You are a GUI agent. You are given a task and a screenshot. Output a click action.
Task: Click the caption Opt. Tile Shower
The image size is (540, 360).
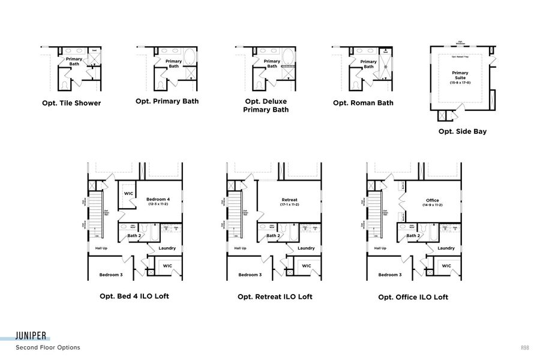(71, 103)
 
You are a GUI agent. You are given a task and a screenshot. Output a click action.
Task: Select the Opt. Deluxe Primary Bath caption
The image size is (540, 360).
(266, 106)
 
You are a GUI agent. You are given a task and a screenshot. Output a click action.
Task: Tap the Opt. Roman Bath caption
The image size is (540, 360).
(363, 103)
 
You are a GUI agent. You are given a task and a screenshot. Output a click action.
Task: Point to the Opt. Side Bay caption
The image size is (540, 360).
(462, 131)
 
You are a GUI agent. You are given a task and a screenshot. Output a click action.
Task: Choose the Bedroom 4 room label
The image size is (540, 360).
(159, 201)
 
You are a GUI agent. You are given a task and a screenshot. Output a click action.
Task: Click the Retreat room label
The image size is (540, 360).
(290, 200)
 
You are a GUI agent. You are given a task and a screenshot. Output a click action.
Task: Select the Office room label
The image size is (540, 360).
(432, 201)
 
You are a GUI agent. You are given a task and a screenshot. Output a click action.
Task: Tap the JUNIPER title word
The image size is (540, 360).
(32, 336)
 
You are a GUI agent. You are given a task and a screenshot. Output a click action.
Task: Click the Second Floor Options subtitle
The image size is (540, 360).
(47, 347)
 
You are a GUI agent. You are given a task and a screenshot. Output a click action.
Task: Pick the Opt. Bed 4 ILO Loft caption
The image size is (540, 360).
(134, 296)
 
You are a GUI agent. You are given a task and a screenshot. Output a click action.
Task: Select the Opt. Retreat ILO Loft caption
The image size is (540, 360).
(275, 296)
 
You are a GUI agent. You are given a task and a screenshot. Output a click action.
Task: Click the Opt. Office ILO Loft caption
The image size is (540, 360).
(413, 297)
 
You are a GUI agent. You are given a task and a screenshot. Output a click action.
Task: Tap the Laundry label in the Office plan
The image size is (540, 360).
(446, 248)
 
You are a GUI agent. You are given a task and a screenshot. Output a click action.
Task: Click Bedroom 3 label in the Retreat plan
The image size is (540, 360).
(250, 275)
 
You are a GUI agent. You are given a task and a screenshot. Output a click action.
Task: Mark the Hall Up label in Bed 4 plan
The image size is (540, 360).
(101, 248)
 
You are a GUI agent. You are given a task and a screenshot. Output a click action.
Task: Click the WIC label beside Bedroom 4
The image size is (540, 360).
(128, 194)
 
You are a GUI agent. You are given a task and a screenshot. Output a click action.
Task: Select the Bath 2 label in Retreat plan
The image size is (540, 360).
(273, 236)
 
